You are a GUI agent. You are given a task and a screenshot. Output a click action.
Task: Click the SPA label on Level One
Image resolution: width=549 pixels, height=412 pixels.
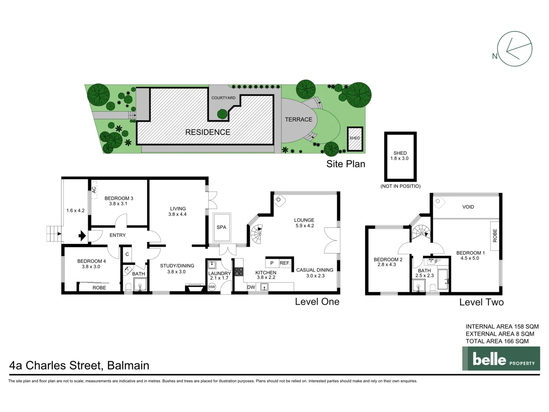tap(222, 227)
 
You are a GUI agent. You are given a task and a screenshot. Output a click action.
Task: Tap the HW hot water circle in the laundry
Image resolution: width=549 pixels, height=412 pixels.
tap(212, 287)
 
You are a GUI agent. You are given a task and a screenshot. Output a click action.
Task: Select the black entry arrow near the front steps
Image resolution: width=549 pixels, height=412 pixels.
tap(82, 236)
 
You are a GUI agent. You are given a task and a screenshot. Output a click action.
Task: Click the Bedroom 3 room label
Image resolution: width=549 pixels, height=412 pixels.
tap(119, 198)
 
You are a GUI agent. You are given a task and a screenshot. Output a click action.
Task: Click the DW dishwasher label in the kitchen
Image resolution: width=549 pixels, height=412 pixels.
tap(251, 287)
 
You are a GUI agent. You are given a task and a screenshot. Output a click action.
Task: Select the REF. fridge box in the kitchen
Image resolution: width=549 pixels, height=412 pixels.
tap(285, 263)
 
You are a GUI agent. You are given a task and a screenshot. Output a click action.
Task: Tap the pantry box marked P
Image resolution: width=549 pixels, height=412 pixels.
tap(272, 263)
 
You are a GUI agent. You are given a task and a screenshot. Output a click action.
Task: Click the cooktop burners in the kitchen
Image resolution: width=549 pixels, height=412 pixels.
tap(239, 272)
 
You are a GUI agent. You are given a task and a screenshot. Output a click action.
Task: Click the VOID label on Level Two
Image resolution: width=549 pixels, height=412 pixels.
tap(468, 207)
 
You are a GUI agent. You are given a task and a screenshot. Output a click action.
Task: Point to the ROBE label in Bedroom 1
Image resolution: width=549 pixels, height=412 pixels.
tap(495, 235)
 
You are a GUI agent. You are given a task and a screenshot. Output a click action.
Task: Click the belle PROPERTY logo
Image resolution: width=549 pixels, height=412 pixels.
tap(501, 359)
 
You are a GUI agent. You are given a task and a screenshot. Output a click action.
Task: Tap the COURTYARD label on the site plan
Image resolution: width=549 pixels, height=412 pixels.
tap(223, 98)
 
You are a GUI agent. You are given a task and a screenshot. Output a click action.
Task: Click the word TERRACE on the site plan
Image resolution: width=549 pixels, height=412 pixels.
tap(299, 119)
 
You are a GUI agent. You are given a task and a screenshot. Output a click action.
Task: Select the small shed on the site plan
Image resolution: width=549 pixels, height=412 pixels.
tap(355, 138)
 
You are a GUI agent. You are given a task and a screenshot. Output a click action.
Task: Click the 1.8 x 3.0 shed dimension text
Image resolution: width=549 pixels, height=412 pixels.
tap(400, 158)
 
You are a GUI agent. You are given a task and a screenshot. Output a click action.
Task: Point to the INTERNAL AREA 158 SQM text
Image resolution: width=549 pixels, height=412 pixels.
tap(502, 327)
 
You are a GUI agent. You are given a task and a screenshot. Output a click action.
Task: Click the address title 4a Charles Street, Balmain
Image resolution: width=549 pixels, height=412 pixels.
tap(79, 365)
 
